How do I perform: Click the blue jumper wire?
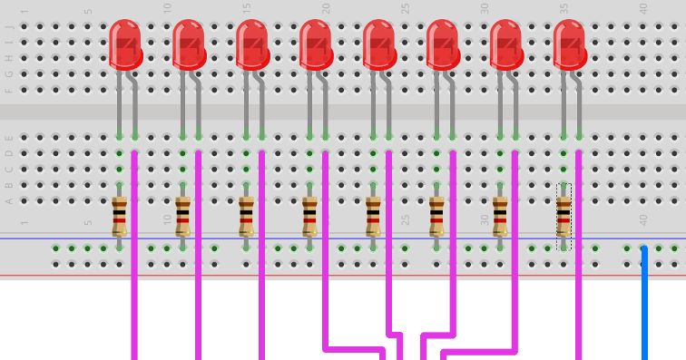click(644, 304)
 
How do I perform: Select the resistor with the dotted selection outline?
click(563, 218)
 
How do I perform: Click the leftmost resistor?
click(119, 218)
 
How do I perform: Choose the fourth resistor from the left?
click(309, 218)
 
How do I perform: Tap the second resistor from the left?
click(182, 218)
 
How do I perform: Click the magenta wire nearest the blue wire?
click(579, 272)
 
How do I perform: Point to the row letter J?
click(10, 25)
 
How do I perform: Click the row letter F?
click(10, 90)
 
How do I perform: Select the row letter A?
click(10, 200)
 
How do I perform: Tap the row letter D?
click(10, 152)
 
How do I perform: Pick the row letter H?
click(10, 57)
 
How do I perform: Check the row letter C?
click(10, 169)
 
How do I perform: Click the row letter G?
click(10, 73)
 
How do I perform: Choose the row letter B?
click(10, 184)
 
